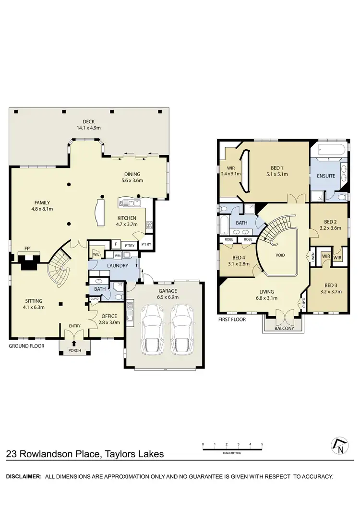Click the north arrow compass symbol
(x=340, y=447)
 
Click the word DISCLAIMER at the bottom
(x=23, y=476)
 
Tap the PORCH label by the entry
(x=74, y=351)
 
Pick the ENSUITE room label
(x=325, y=176)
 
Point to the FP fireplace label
(x=27, y=249)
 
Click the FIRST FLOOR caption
(x=232, y=319)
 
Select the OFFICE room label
(x=110, y=316)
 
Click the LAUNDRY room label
(x=118, y=265)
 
